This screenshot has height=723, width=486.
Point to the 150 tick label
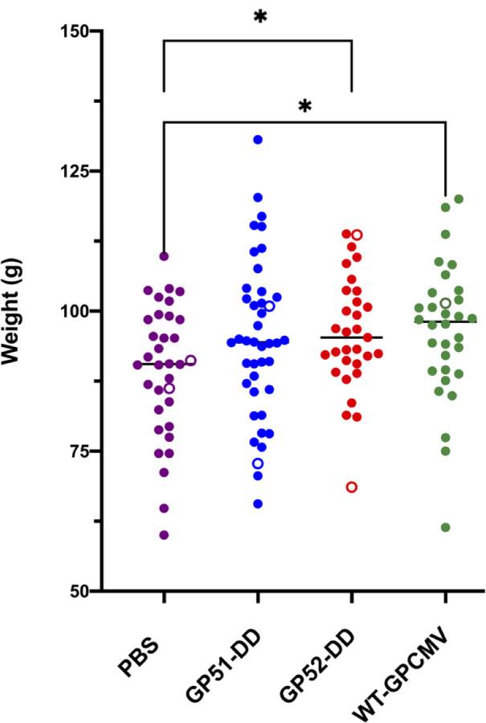(x=76, y=31)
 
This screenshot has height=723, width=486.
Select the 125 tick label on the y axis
(x=76, y=171)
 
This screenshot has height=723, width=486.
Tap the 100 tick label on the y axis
(x=76, y=311)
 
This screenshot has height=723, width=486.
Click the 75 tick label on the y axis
(x=81, y=451)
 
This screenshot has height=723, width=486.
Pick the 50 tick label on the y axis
(x=81, y=590)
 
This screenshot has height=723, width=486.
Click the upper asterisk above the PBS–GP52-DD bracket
(x=259, y=18)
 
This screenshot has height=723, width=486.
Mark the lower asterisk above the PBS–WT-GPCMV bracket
(x=304, y=107)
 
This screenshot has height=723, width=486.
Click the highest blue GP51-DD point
(x=258, y=140)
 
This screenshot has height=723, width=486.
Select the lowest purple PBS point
(x=164, y=535)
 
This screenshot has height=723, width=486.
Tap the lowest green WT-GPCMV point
(x=445, y=527)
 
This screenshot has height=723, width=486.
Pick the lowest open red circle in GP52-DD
(x=352, y=487)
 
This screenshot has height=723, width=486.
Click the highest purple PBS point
(x=164, y=256)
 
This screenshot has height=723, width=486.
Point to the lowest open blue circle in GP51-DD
(x=258, y=464)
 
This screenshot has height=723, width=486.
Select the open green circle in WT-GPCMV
(x=445, y=303)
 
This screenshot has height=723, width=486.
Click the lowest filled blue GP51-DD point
(x=258, y=504)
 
